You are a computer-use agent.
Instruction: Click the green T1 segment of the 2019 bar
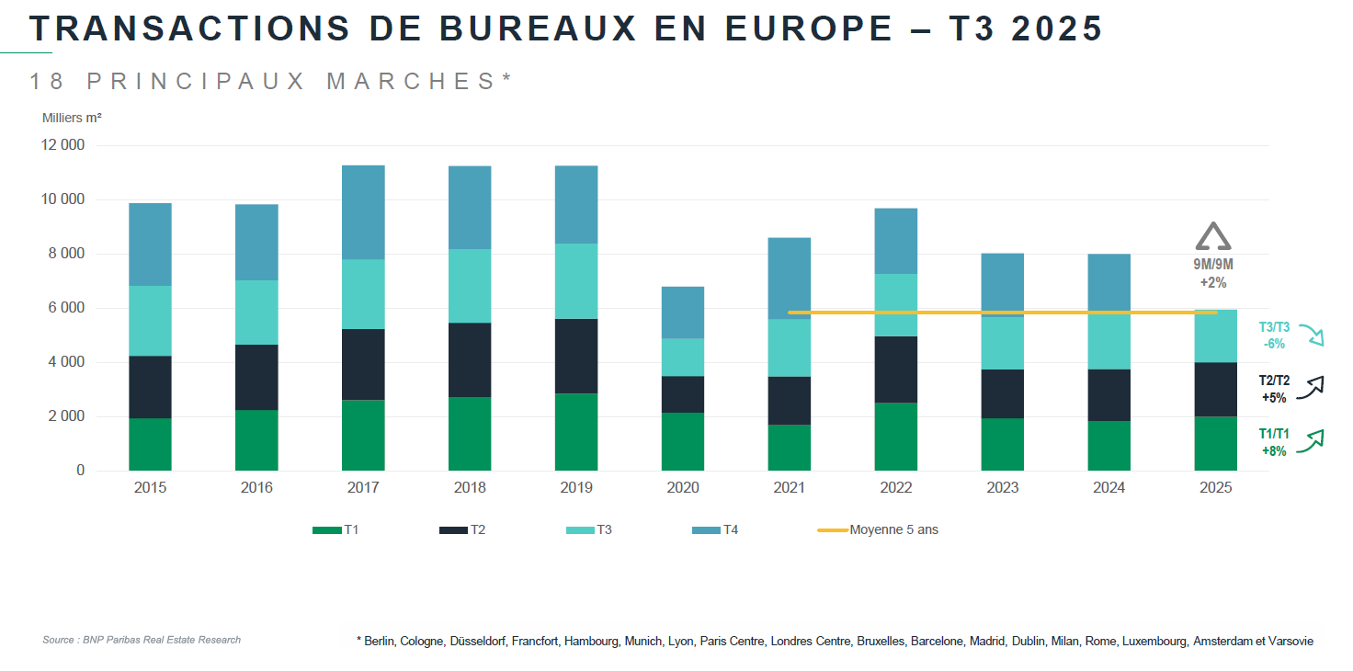(576, 432)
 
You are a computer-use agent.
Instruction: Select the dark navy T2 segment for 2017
(363, 364)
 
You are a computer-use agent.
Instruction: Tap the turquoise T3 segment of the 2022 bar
(896, 304)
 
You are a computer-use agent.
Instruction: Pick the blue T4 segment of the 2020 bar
(683, 313)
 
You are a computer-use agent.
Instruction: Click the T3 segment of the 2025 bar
(1216, 336)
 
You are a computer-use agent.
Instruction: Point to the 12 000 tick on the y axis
(63, 145)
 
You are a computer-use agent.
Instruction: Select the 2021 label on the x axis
(790, 488)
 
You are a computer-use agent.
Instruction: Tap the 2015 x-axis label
(150, 488)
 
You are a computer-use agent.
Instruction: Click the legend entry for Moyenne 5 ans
(893, 530)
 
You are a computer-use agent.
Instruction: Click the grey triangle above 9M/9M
(1212, 237)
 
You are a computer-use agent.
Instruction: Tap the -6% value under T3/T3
(1274, 344)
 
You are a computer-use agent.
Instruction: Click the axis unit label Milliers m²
(72, 118)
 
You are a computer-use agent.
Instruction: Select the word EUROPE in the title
(809, 29)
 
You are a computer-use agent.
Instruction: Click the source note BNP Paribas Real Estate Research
(142, 640)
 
